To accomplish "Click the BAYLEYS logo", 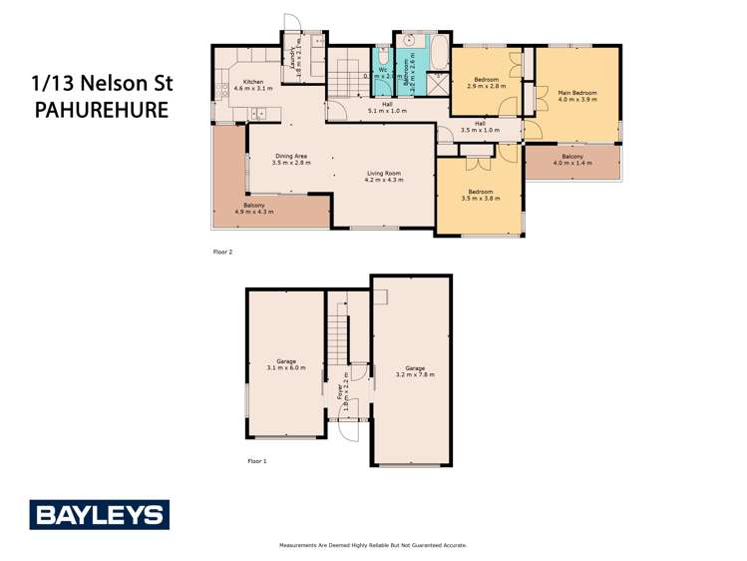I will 99,515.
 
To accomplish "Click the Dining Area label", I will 291,159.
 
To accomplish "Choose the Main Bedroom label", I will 577,95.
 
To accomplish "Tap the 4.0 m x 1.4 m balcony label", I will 572,160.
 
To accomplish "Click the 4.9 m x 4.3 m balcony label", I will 253,208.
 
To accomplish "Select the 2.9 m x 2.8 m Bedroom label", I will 487,82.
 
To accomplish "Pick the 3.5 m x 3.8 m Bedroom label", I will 480,195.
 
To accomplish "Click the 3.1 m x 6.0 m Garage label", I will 286,364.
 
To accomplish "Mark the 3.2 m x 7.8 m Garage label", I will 414,370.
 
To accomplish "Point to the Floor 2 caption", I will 222,252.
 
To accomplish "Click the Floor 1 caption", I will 256,461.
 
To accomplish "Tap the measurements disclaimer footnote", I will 373,545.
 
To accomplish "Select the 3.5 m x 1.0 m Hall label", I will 480,127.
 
